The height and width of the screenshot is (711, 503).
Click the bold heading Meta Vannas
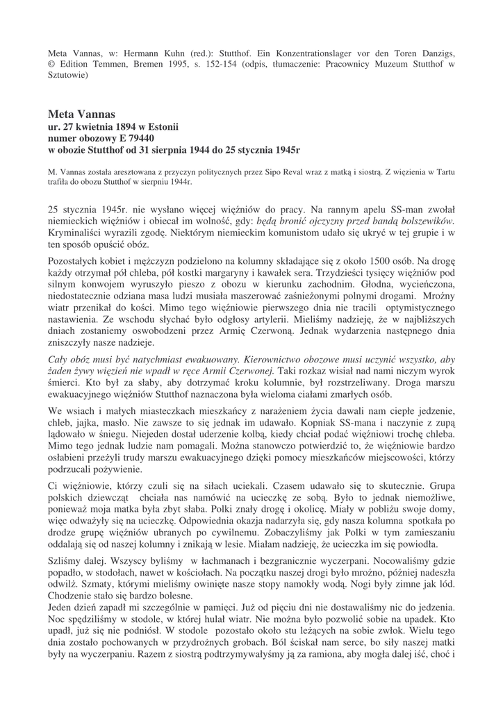81,113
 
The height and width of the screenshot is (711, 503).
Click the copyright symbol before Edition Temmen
51,64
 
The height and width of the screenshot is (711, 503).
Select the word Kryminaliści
76,233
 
